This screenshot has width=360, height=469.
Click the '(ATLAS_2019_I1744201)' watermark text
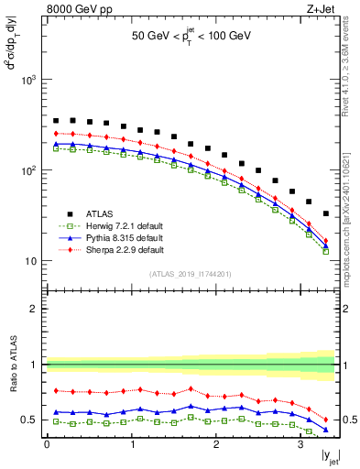point(190,274)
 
